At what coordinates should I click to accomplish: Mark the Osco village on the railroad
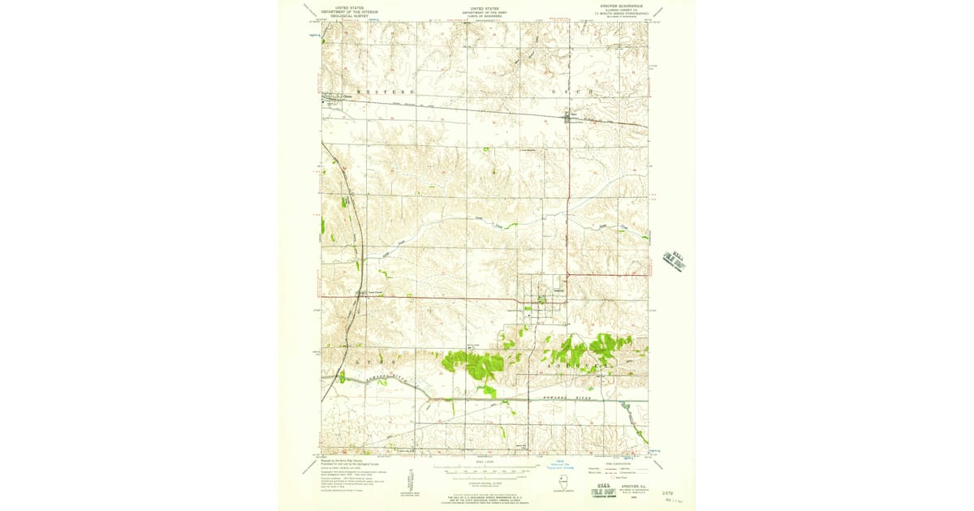pos(571,118)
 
